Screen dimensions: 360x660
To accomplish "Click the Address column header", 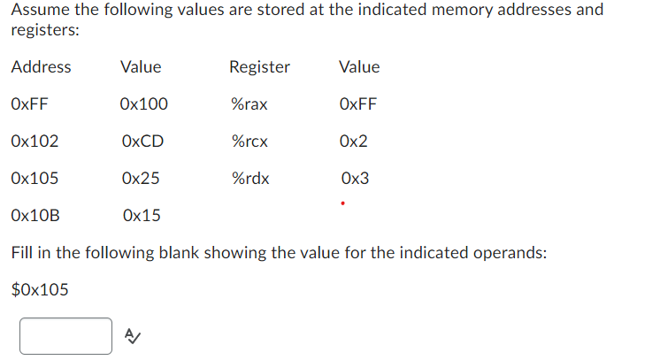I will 41,67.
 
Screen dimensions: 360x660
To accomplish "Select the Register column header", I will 259,67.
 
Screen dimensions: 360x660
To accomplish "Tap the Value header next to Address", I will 141,67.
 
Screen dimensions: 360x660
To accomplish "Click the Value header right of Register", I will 358,67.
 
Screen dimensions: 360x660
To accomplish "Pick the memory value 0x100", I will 143,104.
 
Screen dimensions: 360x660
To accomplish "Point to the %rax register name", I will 249,104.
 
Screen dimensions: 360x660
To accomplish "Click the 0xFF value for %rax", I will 357,104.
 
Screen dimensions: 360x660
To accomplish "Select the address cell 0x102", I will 35,142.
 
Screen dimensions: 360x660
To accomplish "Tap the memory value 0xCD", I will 142,142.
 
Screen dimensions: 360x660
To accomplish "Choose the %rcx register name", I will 249,142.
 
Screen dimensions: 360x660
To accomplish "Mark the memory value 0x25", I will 141,179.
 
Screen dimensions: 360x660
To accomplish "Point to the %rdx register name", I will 249,179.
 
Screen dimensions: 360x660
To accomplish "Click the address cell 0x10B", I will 35,215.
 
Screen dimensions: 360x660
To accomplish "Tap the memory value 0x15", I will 142,215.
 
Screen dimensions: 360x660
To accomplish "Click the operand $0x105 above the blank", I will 40,289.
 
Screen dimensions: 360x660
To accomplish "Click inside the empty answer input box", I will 65,336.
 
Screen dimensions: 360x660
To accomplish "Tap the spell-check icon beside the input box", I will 132,335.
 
